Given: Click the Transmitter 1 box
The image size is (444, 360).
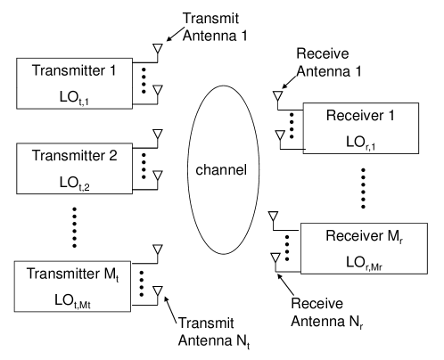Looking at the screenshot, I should coord(76,85).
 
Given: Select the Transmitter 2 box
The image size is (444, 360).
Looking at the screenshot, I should coord(76,168).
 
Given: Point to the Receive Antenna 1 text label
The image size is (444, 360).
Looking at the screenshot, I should coord(333,60).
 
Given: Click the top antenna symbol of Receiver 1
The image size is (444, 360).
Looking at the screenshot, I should coord(278,92).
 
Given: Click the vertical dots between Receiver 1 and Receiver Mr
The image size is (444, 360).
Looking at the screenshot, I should coord(363,187).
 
